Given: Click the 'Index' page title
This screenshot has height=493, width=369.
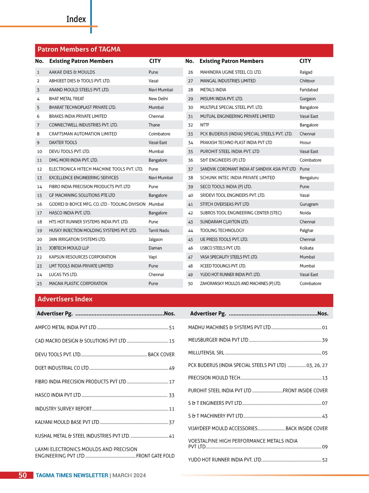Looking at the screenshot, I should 76,19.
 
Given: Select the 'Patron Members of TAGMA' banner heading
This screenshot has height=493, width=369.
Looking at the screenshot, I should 79,49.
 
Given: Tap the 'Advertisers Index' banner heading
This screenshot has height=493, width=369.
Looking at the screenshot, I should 65,299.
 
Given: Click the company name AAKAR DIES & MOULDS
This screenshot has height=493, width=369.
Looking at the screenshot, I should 72,72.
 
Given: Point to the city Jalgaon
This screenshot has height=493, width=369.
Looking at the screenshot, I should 156,239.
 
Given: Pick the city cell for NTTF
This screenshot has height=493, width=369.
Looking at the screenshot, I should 309,125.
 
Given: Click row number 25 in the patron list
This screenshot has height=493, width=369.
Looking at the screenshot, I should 39,283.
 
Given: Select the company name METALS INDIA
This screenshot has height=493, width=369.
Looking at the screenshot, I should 213,90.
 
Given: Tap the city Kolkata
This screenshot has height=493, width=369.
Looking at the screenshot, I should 307,248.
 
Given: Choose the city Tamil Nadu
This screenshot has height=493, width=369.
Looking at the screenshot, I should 159,230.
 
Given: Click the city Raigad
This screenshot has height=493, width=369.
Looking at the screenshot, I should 306,72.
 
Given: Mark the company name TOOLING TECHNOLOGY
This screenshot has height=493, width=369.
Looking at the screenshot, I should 222,230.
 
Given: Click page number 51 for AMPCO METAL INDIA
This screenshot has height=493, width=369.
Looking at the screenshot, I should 172,328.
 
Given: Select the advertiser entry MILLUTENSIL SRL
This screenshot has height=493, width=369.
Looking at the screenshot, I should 206,353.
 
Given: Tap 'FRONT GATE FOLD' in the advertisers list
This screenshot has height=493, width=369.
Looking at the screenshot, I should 155,456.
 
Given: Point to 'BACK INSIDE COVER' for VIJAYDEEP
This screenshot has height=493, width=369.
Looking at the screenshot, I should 307,428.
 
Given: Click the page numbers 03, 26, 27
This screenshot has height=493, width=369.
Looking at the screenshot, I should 317,365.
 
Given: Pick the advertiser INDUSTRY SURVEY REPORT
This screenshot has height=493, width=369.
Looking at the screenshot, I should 63,409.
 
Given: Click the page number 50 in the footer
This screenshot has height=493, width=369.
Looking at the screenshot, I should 23,475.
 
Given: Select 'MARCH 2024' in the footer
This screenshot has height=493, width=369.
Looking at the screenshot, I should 129,475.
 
